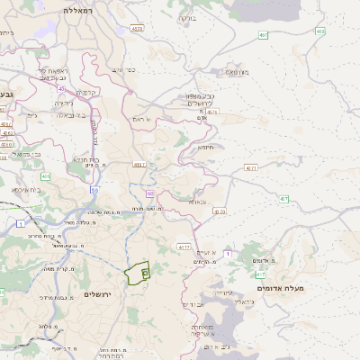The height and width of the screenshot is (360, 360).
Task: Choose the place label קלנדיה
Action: coord(87,92)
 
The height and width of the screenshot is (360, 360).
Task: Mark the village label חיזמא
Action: coord(206,148)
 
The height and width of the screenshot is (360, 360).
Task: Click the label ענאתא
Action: coord(197,202)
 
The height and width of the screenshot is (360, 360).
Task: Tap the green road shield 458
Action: coord(319,31)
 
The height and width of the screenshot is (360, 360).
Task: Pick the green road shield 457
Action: coord(263,35)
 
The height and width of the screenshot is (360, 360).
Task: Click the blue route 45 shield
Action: coord(61,88)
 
